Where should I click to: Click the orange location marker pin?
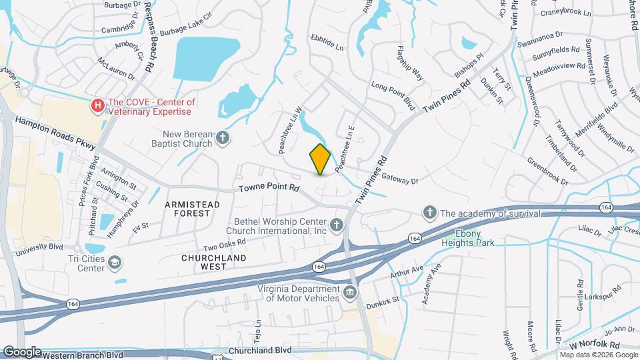(321, 159)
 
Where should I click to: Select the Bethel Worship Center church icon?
(337, 225)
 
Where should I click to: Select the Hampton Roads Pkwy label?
(56, 133)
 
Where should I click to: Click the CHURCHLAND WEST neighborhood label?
(213, 262)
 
